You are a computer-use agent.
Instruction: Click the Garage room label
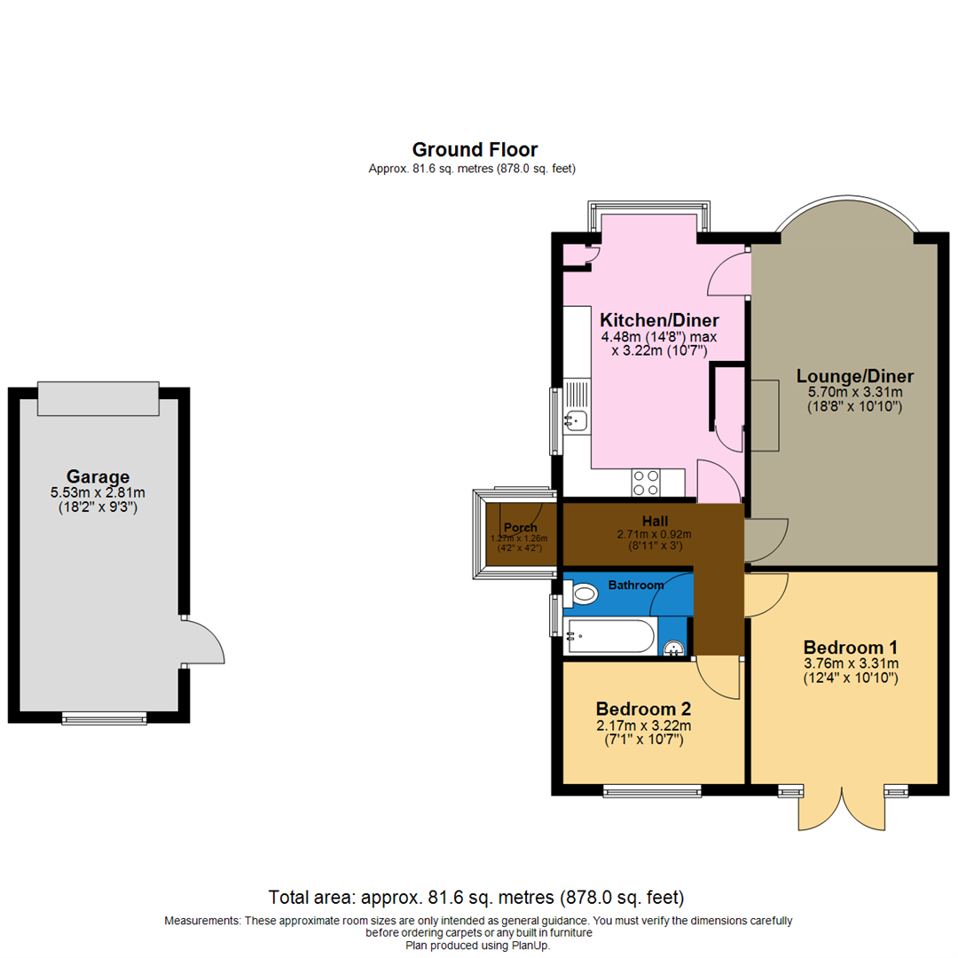tap(97, 475)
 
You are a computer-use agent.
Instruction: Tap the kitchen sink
tap(574, 419)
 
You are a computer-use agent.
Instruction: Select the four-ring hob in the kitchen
tap(645, 483)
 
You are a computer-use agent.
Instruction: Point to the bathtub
tap(610, 637)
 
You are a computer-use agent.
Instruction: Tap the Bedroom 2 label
tap(643, 710)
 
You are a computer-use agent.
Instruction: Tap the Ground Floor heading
tap(475, 149)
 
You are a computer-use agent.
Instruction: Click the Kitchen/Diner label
tap(659, 319)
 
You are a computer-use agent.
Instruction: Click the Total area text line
tap(476, 898)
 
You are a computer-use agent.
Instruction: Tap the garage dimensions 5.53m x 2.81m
tap(98, 493)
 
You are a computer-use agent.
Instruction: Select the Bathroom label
tap(635, 585)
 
